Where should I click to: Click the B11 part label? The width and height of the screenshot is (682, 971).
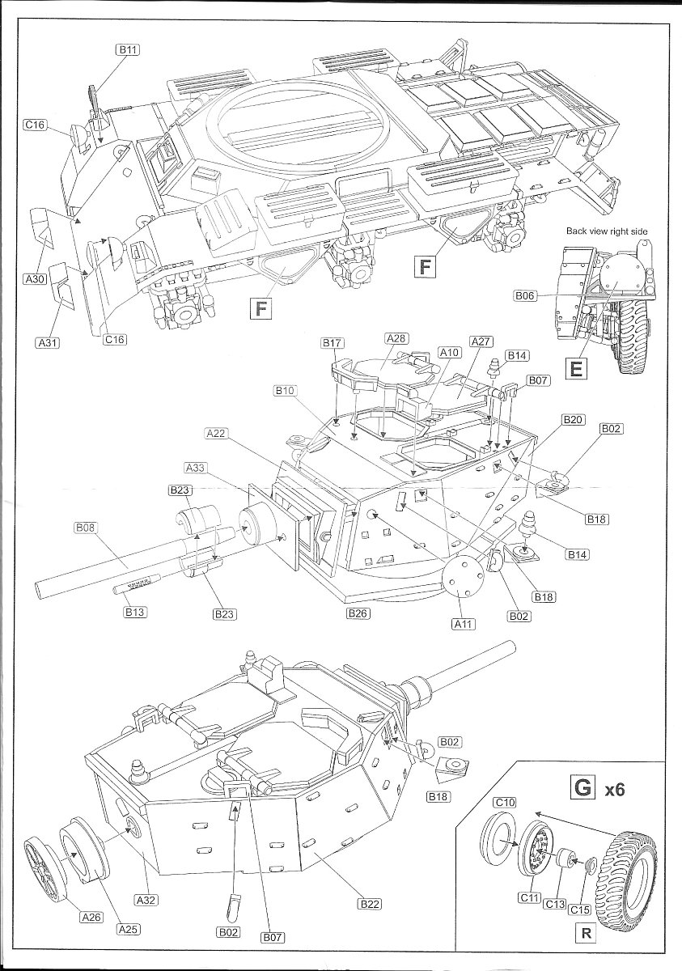pyautogui.click(x=128, y=49)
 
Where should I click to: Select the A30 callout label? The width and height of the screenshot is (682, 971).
pyautogui.click(x=35, y=279)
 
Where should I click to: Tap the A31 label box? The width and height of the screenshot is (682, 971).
pyautogui.click(x=48, y=343)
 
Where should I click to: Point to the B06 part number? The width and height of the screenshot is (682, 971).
pyautogui.click(x=525, y=296)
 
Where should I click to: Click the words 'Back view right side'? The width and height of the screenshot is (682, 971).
pyautogui.click(x=607, y=231)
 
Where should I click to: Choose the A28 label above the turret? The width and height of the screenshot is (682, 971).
pyautogui.click(x=396, y=339)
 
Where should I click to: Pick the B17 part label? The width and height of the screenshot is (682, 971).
pyautogui.click(x=333, y=343)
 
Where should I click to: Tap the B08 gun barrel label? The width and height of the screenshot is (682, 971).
pyautogui.click(x=85, y=528)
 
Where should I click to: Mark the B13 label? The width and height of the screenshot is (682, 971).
pyautogui.click(x=134, y=613)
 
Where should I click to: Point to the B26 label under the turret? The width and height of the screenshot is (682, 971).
pyautogui.click(x=358, y=613)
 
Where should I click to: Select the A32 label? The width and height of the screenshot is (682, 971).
pyautogui.click(x=146, y=898)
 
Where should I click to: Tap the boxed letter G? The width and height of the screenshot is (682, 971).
pyautogui.click(x=582, y=786)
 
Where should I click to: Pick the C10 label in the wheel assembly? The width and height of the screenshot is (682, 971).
pyautogui.click(x=505, y=802)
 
